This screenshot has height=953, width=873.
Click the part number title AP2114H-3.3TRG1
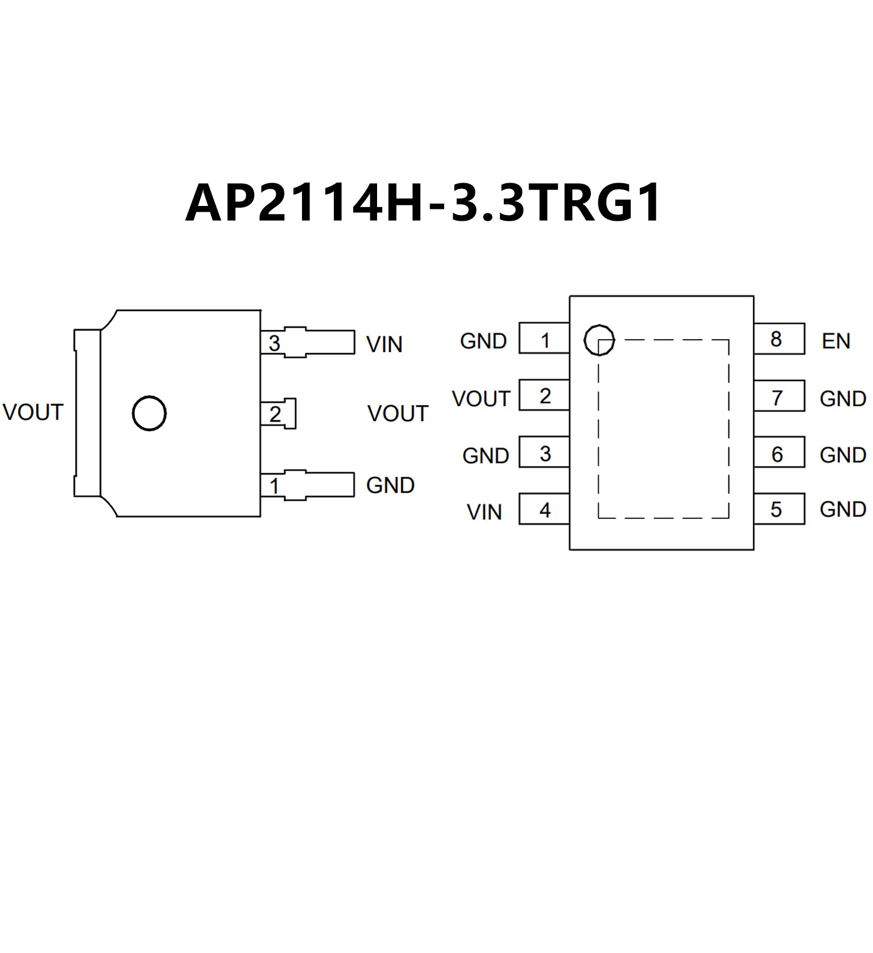tap(424, 202)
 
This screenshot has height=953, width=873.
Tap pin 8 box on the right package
tap(779, 339)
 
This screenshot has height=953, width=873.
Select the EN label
tap(835, 341)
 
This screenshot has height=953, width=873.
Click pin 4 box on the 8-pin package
tap(544, 509)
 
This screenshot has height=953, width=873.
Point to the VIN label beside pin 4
tap(484, 512)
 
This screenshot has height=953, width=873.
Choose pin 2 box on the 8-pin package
tap(544, 395)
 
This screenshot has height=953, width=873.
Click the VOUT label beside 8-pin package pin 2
tap(481, 398)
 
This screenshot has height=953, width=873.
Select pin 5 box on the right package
tap(779, 509)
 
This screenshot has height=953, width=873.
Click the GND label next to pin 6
tap(842, 455)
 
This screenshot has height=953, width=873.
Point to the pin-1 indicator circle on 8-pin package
tap(599, 340)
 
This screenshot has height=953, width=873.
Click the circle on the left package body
tap(149, 413)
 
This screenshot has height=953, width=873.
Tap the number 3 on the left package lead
tap(274, 343)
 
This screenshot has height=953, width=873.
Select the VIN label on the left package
tap(384, 344)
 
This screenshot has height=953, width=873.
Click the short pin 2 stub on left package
tap(279, 414)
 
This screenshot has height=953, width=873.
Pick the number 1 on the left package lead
tap(274, 485)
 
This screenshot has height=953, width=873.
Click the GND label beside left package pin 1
tap(390, 485)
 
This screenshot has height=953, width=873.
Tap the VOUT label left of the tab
tap(32, 412)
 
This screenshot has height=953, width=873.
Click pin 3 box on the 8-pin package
tap(544, 453)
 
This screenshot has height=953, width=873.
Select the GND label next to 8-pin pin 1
tap(483, 341)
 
